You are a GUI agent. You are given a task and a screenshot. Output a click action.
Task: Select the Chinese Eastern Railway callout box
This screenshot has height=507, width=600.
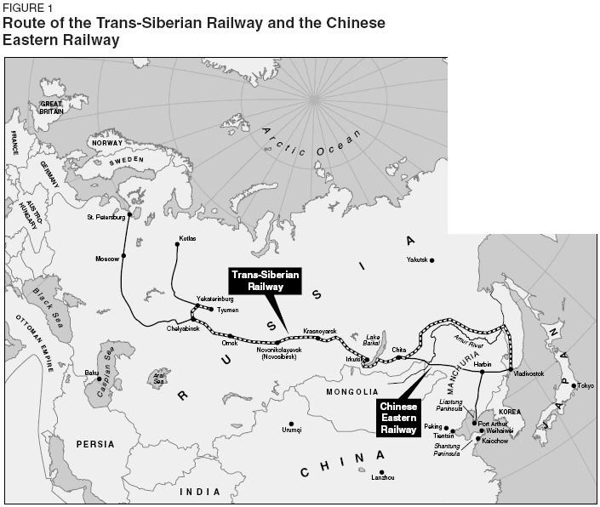click(x=398, y=418)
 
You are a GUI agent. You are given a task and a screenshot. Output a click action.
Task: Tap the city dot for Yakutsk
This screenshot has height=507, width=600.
click(x=432, y=259)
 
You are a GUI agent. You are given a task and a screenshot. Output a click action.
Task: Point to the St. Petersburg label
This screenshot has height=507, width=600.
click(x=106, y=217)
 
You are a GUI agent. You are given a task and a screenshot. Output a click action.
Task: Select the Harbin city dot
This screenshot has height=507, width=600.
click(x=481, y=372)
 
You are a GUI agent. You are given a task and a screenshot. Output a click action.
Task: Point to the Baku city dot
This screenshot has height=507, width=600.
click(x=99, y=379)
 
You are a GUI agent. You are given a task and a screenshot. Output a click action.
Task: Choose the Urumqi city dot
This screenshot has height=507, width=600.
click(x=291, y=423)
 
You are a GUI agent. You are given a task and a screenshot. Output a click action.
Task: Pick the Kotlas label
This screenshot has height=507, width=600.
click(x=187, y=238)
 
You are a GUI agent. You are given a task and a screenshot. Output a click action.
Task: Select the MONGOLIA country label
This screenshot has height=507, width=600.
click(x=351, y=391)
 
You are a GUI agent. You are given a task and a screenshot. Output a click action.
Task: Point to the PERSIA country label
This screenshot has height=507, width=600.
click(x=94, y=444)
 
